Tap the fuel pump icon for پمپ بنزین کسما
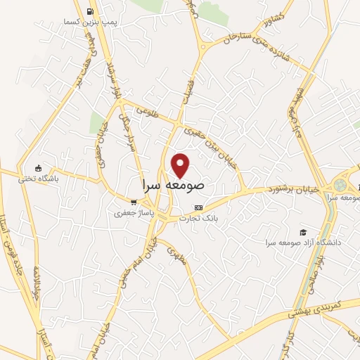[90, 12]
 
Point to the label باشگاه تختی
[39, 179]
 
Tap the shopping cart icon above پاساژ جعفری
[133, 202]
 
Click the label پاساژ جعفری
[130, 212]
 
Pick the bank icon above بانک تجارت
[198, 208]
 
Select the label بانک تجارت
[199, 219]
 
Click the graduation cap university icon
[304, 232]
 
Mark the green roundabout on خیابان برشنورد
[340, 185]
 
